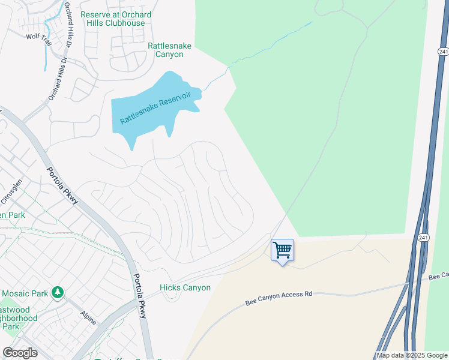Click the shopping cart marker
282,250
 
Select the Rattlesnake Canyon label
166,49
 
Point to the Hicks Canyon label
185,287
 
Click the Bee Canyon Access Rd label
279,298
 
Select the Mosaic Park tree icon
58,292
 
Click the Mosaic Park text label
25,293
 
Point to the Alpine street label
88,317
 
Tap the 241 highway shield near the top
443,52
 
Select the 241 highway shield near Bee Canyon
423,238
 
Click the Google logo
20,353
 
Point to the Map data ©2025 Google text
412,355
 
